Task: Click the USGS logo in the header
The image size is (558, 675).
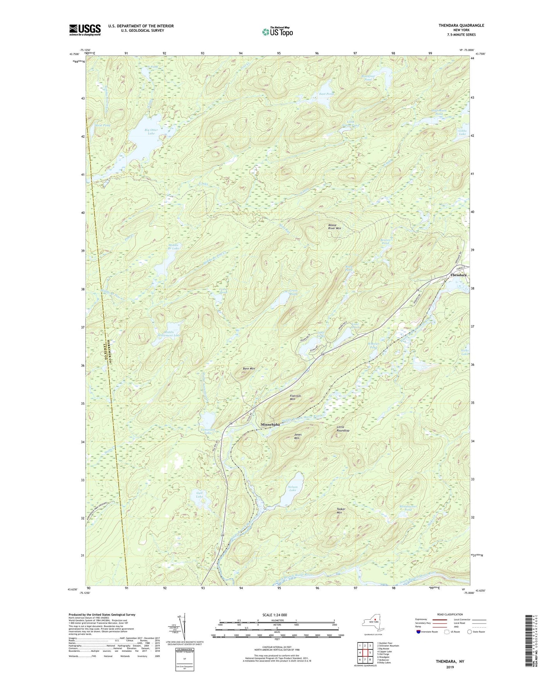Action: click(85, 29)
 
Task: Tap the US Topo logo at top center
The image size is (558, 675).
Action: click(277, 32)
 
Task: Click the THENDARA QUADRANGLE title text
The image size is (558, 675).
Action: click(461, 26)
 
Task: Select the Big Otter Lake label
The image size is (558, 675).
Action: click(151, 131)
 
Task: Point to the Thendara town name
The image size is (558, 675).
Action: click(458, 275)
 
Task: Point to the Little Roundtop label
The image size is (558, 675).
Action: click(343, 429)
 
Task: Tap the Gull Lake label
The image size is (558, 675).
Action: click(199, 494)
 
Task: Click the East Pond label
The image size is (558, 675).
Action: click(326, 94)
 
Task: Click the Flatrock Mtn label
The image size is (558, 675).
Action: click(295, 397)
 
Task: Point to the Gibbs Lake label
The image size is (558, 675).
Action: click(462, 133)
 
